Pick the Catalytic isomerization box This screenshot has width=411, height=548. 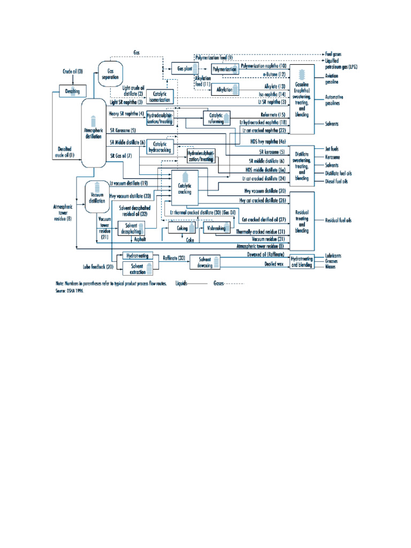tap(160, 96)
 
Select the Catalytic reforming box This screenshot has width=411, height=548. tap(217, 118)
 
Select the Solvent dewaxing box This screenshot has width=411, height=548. tap(205, 261)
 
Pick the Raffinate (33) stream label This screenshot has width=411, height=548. tap(174, 258)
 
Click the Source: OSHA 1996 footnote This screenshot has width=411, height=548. tap(70, 292)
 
